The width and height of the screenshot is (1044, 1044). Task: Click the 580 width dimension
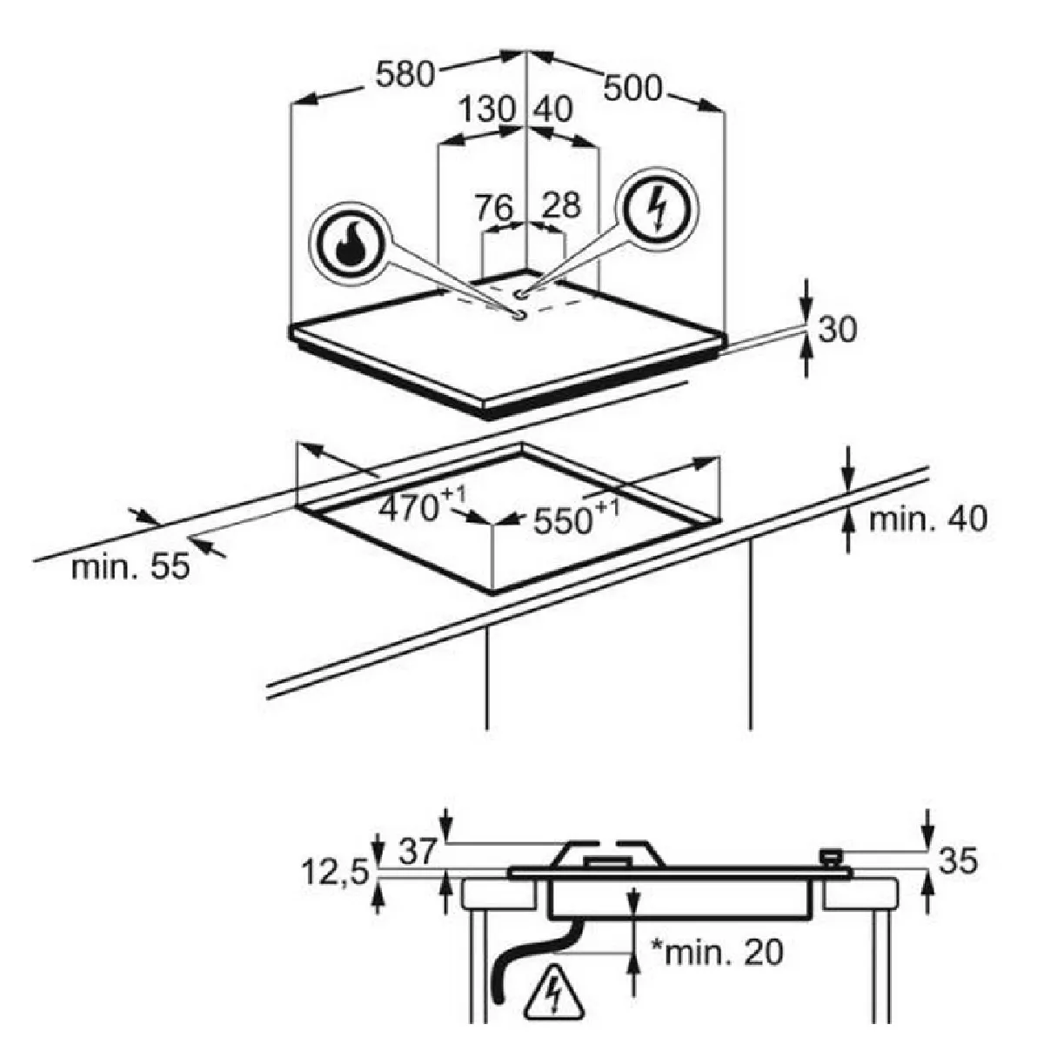(x=405, y=74)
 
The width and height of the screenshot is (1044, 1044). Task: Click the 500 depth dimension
(x=632, y=88)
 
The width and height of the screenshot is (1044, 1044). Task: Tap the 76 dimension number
(x=494, y=207)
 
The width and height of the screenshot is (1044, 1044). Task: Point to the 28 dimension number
(x=562, y=205)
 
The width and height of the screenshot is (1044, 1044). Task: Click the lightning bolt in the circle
(x=659, y=208)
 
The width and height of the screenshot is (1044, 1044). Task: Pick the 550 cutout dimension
(x=576, y=518)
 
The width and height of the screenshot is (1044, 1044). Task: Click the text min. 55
(x=130, y=566)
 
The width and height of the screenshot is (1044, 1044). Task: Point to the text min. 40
(x=928, y=519)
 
